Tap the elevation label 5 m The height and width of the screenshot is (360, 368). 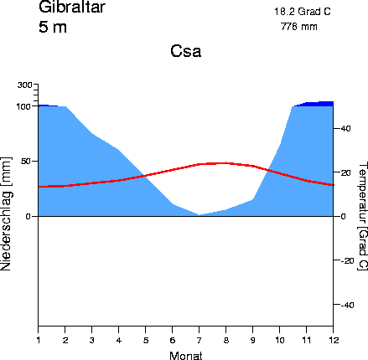coord(53,27)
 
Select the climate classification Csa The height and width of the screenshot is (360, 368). coord(186,52)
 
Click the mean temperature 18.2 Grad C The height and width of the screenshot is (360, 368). coord(302,12)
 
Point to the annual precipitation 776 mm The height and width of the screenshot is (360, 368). coord(298,27)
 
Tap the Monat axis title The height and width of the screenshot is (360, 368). coord(185,356)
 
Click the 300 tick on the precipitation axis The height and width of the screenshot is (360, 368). coord(24,85)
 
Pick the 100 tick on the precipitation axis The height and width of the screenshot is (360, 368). coord(24,106)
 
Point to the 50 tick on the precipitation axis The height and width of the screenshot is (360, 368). coord(26,161)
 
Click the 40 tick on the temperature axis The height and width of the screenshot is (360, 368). coord(344,128)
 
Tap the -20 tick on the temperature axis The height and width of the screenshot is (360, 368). coord(345,260)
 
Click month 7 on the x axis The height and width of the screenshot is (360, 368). coord(200,338)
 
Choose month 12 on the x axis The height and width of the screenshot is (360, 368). coord(333,338)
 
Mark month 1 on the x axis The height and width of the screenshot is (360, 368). coord(39,338)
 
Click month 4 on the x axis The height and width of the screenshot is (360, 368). coord(118,338)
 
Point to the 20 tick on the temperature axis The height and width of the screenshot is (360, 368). coord(344,172)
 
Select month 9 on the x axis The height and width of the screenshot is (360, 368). coord(252,338)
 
